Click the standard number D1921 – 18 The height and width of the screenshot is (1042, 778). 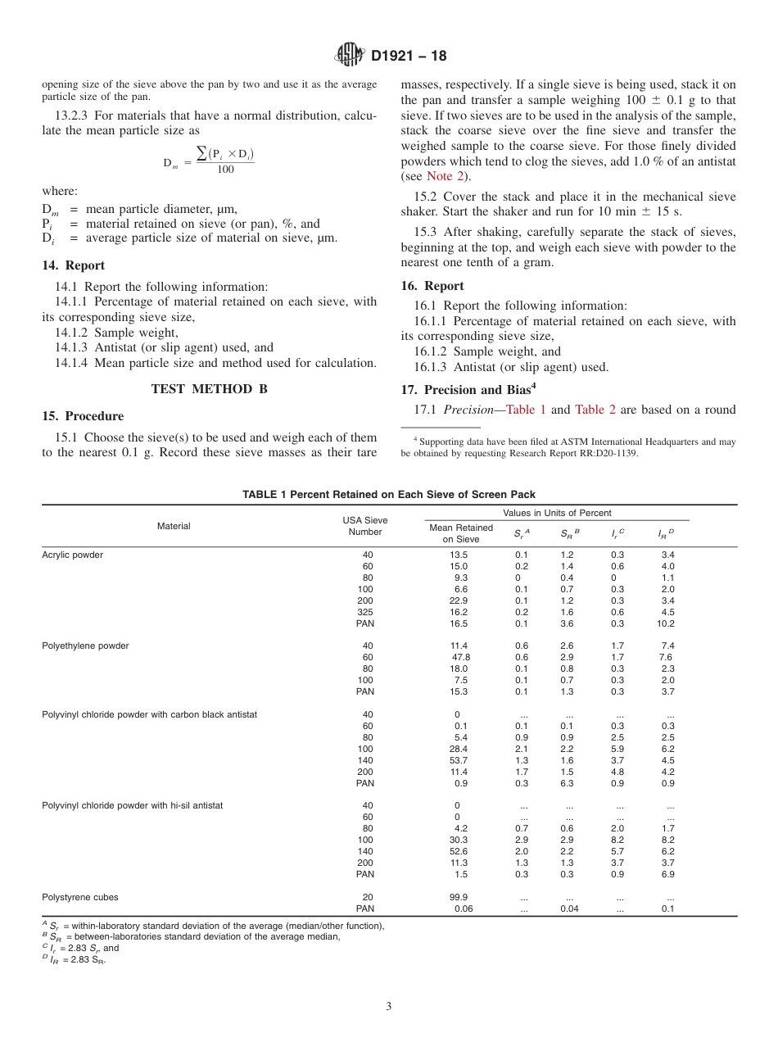[x=409, y=57]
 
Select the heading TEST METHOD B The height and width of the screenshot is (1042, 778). [x=210, y=389]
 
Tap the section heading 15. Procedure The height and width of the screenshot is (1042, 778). [x=83, y=416]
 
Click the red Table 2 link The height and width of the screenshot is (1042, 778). [x=595, y=410]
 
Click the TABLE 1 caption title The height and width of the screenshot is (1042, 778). [x=389, y=494]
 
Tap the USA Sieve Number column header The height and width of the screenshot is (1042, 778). [x=365, y=526]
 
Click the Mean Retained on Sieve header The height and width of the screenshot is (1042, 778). [x=461, y=533]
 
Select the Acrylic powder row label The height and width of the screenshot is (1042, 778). [x=73, y=555]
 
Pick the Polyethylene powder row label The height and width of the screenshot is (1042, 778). [x=85, y=646]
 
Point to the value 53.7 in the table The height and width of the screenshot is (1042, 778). [x=460, y=760]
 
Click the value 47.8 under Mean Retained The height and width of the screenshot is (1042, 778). [x=460, y=657]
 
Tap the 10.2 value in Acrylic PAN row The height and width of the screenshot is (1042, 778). [x=667, y=623]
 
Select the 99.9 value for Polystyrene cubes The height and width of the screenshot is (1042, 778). [x=460, y=897]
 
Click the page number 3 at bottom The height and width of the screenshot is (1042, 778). [x=389, y=1006]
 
